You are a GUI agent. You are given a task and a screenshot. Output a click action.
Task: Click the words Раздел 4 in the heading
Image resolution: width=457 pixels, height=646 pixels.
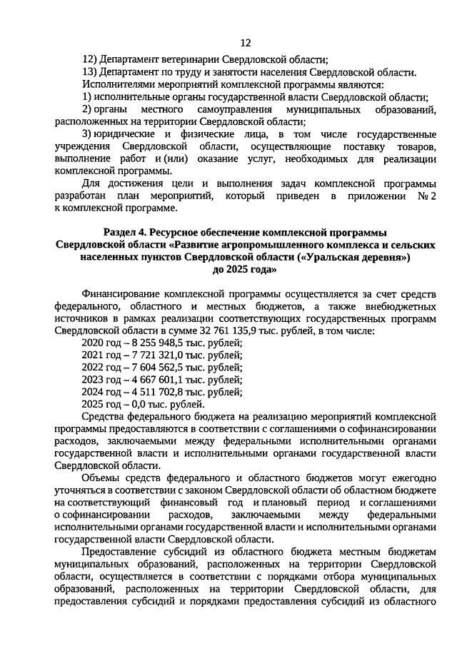point(126,233)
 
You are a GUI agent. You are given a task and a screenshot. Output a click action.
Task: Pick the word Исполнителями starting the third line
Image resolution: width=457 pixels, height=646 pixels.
point(118,84)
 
